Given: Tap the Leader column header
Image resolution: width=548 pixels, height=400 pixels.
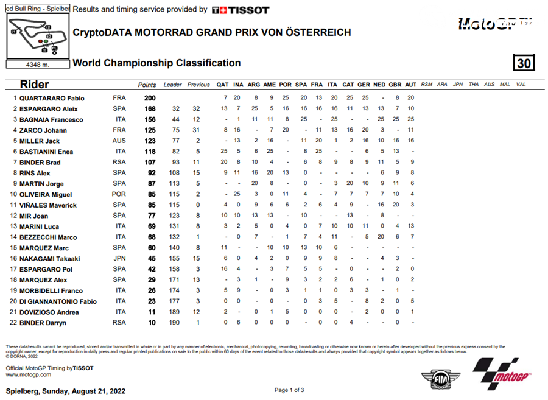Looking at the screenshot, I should click(172, 85).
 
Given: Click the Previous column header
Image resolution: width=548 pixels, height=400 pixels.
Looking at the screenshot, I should click(198, 85).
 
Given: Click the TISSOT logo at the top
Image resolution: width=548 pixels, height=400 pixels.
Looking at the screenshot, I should click(241, 10).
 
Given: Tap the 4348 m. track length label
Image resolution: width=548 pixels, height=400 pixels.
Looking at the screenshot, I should click(37, 64).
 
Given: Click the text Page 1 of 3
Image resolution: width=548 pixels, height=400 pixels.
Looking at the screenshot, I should click(289, 390).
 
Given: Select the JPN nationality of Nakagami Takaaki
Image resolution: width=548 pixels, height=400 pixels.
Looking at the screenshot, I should click(120, 259).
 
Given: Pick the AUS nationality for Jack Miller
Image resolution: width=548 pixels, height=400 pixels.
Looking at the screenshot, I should click(120, 141).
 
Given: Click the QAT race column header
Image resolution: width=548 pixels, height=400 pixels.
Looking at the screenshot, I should click(223, 85).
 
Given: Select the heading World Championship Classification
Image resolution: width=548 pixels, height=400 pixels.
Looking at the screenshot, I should click(156, 63).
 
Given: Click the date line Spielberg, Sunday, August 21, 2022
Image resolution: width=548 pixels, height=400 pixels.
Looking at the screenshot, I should click(66, 391).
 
